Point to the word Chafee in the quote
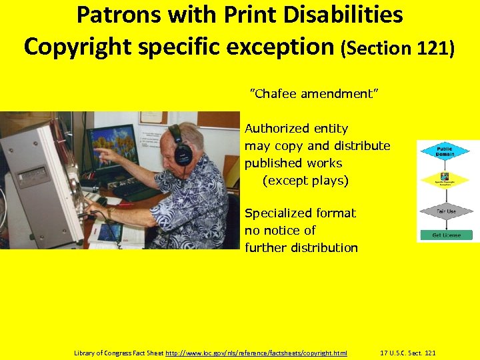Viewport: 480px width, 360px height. coord(274,94)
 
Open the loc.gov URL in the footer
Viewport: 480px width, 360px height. coord(256,352)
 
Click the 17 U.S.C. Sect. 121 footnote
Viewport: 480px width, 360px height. coord(407,352)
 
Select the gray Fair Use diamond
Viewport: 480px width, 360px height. coord(445,211)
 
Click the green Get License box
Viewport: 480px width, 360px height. coord(445,235)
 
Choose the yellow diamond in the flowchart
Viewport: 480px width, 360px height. coord(445,180)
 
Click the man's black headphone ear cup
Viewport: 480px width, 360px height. coord(182,154)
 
